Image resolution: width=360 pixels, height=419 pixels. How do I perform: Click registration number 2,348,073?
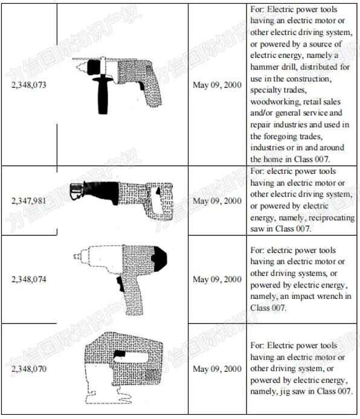point(29,85)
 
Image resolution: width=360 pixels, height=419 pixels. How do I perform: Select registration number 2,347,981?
point(29,200)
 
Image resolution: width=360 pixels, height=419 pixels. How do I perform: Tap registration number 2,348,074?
point(29,280)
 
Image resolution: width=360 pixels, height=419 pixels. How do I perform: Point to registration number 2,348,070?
point(29,369)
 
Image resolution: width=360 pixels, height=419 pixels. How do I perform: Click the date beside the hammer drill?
point(217,85)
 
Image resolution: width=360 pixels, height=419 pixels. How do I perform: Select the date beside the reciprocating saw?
point(217,200)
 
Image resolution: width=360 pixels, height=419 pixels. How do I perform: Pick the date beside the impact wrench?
point(217,280)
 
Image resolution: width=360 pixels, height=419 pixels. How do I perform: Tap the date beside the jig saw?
point(217,369)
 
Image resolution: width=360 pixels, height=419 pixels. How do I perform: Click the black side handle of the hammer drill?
point(103,95)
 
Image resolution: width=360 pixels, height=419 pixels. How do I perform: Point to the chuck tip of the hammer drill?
point(78,67)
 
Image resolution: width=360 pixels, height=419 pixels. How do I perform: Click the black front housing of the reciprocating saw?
point(103,191)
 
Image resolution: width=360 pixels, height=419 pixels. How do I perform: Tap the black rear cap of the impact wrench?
point(159,259)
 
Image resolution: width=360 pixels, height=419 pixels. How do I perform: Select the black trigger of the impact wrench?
point(120,284)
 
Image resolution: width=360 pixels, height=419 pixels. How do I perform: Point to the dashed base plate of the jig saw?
point(108,397)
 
